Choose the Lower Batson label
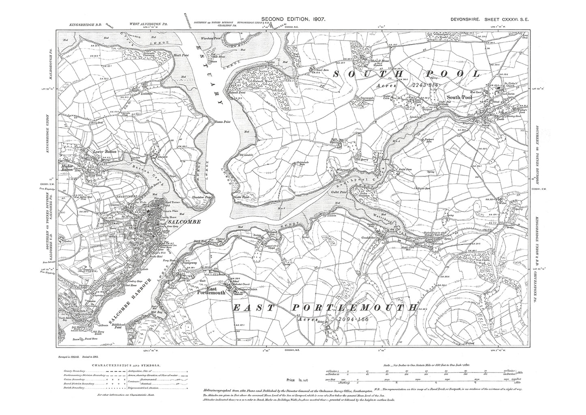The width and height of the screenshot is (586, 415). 105,152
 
